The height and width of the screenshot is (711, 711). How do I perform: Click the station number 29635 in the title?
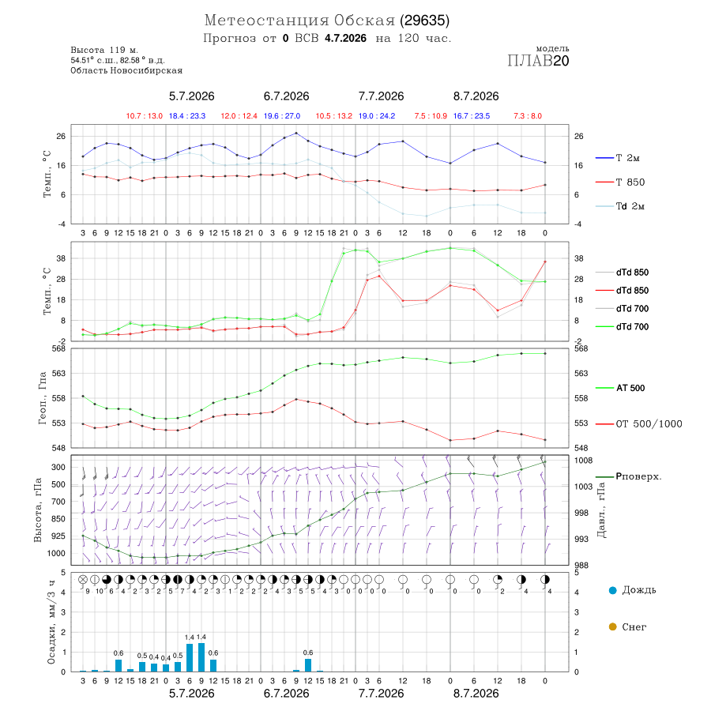tap(424, 21)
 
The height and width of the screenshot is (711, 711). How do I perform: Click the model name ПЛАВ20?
tap(538, 61)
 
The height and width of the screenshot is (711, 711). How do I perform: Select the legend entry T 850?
tap(630, 182)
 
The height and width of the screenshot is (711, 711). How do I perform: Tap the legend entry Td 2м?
tap(630, 206)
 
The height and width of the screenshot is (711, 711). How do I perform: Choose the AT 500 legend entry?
tap(630, 388)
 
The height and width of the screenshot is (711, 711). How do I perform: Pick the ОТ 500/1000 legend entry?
tap(649, 424)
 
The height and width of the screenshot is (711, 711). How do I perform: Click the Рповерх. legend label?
tap(638, 476)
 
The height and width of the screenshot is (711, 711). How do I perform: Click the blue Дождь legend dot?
tap(613, 590)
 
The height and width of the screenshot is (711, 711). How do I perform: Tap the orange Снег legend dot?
tap(613, 626)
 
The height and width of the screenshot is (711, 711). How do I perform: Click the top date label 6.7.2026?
tap(286, 96)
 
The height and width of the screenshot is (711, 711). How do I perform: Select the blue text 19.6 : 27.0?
tap(282, 116)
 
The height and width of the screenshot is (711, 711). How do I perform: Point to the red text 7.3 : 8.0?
tap(528, 116)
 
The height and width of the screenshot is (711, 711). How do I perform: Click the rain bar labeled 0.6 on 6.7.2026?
tap(308, 665)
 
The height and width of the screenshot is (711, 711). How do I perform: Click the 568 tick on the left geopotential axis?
tap(59, 348)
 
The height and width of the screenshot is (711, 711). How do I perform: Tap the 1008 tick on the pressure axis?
tap(583, 461)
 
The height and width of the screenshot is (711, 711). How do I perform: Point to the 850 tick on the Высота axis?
tap(58, 519)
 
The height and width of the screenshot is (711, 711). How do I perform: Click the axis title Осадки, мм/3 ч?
tap(51, 623)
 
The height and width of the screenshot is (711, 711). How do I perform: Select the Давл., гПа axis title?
tap(601, 510)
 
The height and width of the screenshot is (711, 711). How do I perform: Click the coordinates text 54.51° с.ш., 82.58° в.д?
tap(118, 60)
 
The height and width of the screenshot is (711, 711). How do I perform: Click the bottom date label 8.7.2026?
tap(476, 694)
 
